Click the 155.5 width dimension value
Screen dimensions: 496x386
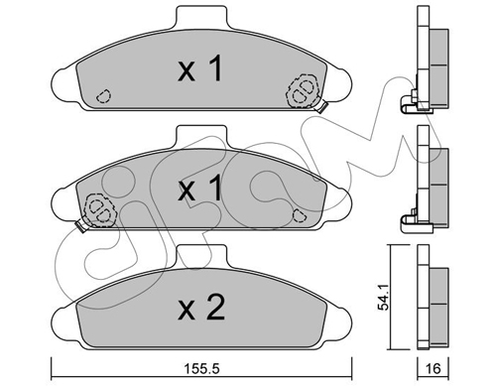201,368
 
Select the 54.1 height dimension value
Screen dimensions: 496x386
383,298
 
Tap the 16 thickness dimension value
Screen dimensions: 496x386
434,368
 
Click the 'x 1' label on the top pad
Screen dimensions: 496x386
199,68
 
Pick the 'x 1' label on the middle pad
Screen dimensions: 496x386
199,188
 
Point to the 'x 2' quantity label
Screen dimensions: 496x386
201,308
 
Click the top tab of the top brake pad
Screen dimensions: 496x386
201,17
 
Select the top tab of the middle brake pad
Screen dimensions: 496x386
201,136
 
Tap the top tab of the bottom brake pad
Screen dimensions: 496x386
201,256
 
